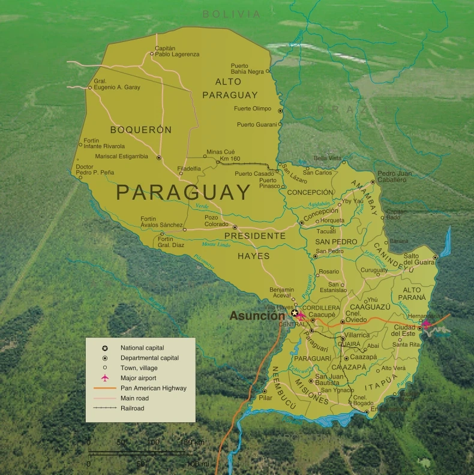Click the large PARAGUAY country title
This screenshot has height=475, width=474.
[x=183, y=193]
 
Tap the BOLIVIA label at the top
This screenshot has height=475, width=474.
[x=232, y=14]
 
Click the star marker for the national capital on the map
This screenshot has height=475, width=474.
[x=294, y=313]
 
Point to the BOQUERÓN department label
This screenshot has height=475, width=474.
[x=141, y=130]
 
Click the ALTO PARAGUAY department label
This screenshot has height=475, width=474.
[x=230, y=88]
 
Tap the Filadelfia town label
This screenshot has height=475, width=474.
[x=189, y=169]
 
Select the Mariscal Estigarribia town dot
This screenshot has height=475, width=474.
[x=159, y=158]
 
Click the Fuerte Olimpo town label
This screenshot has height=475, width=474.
[x=253, y=109]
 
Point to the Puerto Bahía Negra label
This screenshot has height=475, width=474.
[x=247, y=68]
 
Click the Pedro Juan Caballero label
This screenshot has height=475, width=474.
[x=395, y=176]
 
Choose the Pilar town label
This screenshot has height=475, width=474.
[x=265, y=397]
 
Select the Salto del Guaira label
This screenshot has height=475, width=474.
[x=419, y=259]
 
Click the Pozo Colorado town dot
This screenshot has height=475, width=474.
[x=235, y=227]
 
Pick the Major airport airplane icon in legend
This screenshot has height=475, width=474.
[x=105, y=378]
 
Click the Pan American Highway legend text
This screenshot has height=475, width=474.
[x=153, y=388]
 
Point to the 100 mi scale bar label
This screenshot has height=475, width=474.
[x=197, y=464]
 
